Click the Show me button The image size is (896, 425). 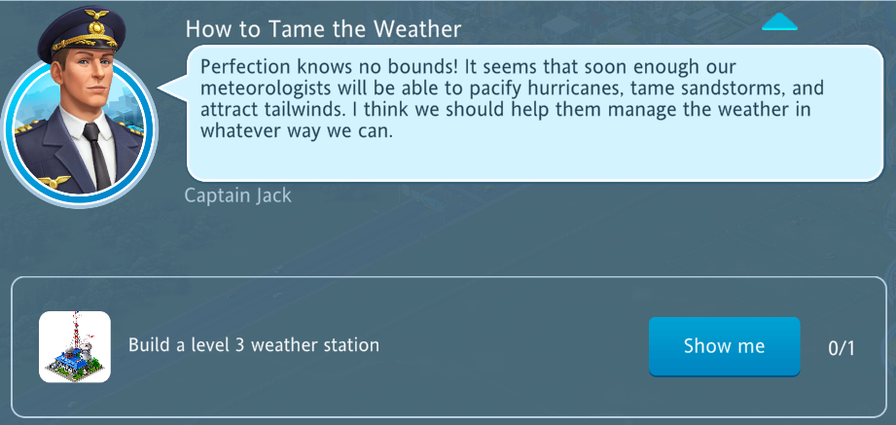[x=724, y=346]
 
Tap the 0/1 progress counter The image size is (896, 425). [x=842, y=348]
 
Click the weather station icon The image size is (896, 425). [x=75, y=347]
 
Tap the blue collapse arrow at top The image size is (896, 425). [x=779, y=21]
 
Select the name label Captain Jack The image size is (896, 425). [x=237, y=195]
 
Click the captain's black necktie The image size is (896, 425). [x=96, y=155]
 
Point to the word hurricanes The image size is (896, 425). [x=578, y=89]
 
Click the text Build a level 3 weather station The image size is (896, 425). [x=254, y=345]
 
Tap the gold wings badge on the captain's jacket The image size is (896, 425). [x=54, y=182]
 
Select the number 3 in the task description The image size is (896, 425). [x=239, y=345]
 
